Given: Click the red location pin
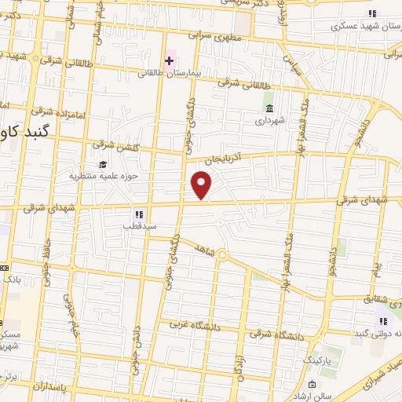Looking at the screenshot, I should coord(202,185).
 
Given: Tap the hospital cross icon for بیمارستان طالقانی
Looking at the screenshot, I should coord(169,60).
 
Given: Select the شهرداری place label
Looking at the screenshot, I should coord(270,122).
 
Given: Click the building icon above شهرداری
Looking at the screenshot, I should coord(270,109).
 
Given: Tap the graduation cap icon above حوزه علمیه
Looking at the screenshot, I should coord(104,163).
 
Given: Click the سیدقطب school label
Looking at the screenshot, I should coord(138,226).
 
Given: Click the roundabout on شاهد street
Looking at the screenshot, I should coord(222,254).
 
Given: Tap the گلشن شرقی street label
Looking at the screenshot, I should coord(108,144).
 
